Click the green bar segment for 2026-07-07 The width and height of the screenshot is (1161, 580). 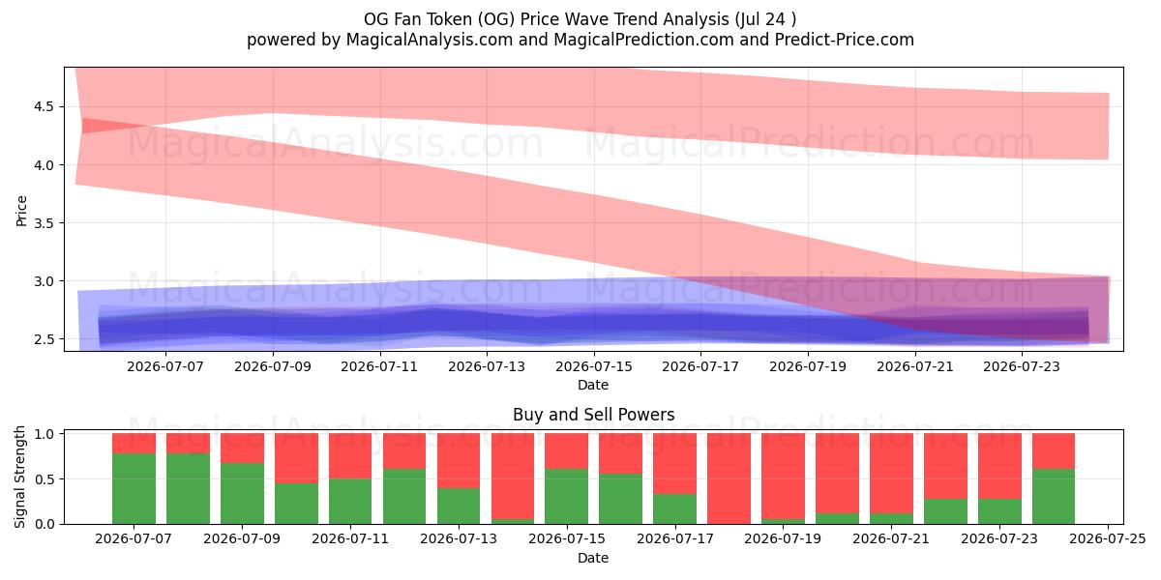[x=134, y=488]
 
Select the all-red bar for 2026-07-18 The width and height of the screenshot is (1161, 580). [x=729, y=478]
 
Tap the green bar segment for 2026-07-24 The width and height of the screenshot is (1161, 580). [x=1054, y=496]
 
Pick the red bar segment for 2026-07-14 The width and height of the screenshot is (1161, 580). [x=513, y=476]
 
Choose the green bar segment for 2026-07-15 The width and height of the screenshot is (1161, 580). [x=567, y=496]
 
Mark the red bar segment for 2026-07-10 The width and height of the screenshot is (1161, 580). [x=296, y=458]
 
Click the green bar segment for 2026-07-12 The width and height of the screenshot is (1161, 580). [x=404, y=496]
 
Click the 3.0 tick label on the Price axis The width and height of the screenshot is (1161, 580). [x=44, y=281]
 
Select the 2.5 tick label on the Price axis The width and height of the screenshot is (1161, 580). [x=44, y=339]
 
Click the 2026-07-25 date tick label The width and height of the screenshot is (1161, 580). [x=1108, y=538]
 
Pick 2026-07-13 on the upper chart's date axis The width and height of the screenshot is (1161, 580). [x=487, y=366]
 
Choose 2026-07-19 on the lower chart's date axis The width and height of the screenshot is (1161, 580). [x=783, y=538]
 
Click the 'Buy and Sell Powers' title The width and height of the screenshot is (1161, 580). [x=593, y=415]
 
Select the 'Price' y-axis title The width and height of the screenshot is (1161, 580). [x=21, y=211]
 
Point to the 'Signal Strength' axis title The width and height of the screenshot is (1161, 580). [x=19, y=477]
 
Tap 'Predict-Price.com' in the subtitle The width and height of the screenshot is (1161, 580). [x=845, y=40]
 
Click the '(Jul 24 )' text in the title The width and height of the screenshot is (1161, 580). [x=765, y=19]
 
